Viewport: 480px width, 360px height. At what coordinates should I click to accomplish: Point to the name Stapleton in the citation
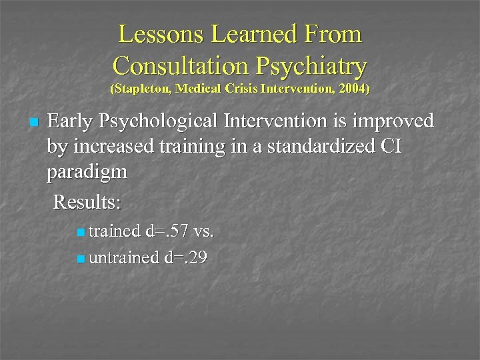142,89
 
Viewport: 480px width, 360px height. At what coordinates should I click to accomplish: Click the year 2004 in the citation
353,89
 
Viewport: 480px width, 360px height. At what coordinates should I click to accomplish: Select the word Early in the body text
71,121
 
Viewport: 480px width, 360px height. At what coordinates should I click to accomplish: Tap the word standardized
313,147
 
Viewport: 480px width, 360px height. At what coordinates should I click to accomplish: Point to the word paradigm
87,173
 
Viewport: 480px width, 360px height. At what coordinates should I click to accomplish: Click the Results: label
87,201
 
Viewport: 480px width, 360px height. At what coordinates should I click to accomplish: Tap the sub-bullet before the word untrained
80,258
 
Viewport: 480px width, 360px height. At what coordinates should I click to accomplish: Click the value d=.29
185,257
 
